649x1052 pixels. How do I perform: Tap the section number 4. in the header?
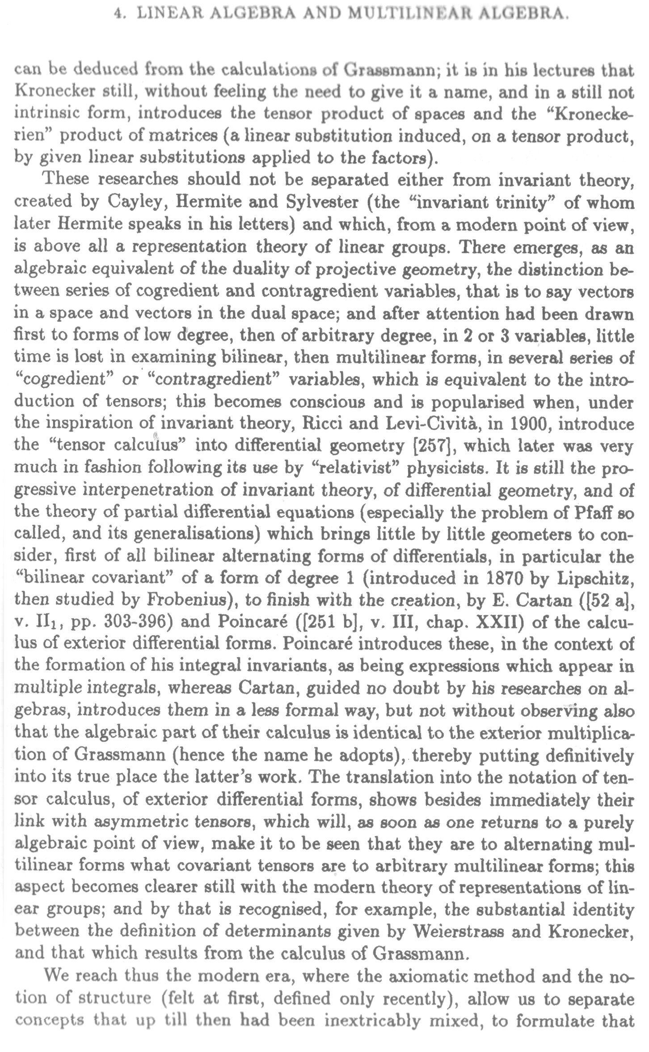coord(118,14)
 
